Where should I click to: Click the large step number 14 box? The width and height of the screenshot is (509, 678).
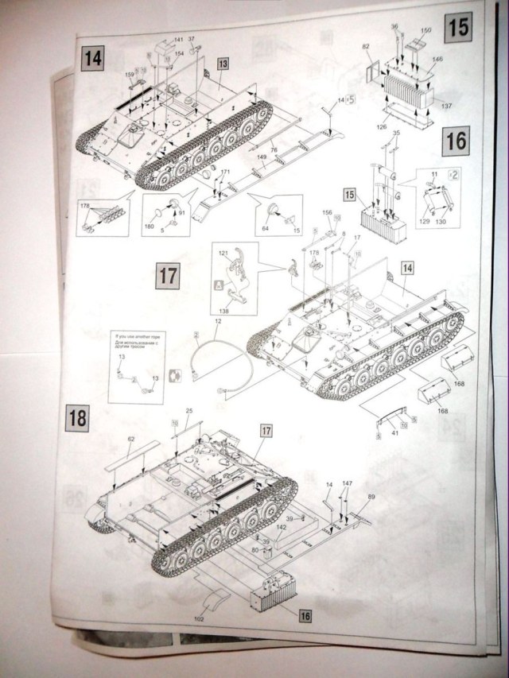tap(94, 57)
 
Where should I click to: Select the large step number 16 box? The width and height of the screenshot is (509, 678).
tap(455, 141)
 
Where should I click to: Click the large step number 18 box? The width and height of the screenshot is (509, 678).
tap(78, 416)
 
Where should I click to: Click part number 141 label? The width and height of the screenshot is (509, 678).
tap(178, 40)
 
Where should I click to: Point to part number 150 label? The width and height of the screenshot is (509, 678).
tap(426, 30)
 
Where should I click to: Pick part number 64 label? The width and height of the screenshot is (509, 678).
tap(266, 229)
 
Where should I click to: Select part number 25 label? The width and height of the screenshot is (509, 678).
tap(188, 410)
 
